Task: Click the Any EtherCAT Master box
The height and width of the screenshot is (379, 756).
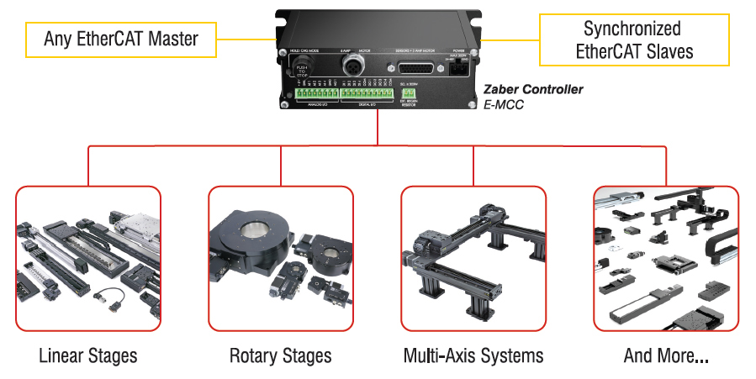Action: coord(121,38)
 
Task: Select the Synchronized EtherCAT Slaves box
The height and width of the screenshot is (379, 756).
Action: coord(633,39)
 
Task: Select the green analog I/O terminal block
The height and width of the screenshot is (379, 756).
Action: coord(316,94)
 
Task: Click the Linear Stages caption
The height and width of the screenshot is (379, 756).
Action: coord(87,355)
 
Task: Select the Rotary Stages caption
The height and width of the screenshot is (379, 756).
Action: coord(280,355)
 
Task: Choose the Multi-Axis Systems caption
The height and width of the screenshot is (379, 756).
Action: coord(473,355)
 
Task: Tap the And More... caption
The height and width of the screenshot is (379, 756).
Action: coord(665,355)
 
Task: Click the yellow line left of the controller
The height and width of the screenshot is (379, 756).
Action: coord(248,38)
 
